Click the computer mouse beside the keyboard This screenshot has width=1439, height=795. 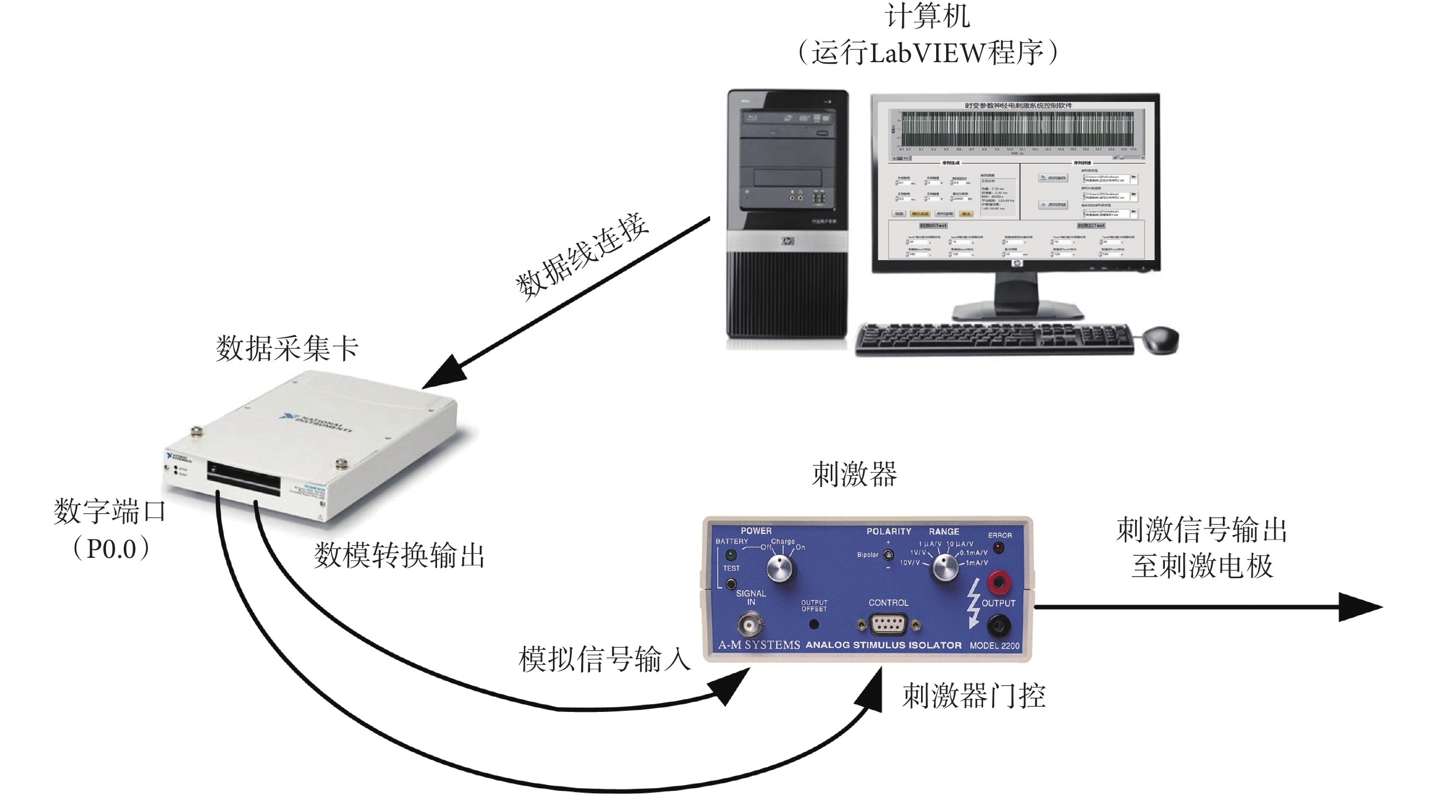(1161, 338)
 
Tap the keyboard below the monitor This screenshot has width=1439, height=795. (995, 339)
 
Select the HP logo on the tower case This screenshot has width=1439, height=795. (788, 241)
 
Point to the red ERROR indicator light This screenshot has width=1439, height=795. (999, 547)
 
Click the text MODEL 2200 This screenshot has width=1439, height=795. (994, 646)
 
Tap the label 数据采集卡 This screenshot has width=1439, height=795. (287, 348)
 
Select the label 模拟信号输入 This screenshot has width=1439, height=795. (605, 659)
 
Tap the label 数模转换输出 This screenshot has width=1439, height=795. (399, 555)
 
